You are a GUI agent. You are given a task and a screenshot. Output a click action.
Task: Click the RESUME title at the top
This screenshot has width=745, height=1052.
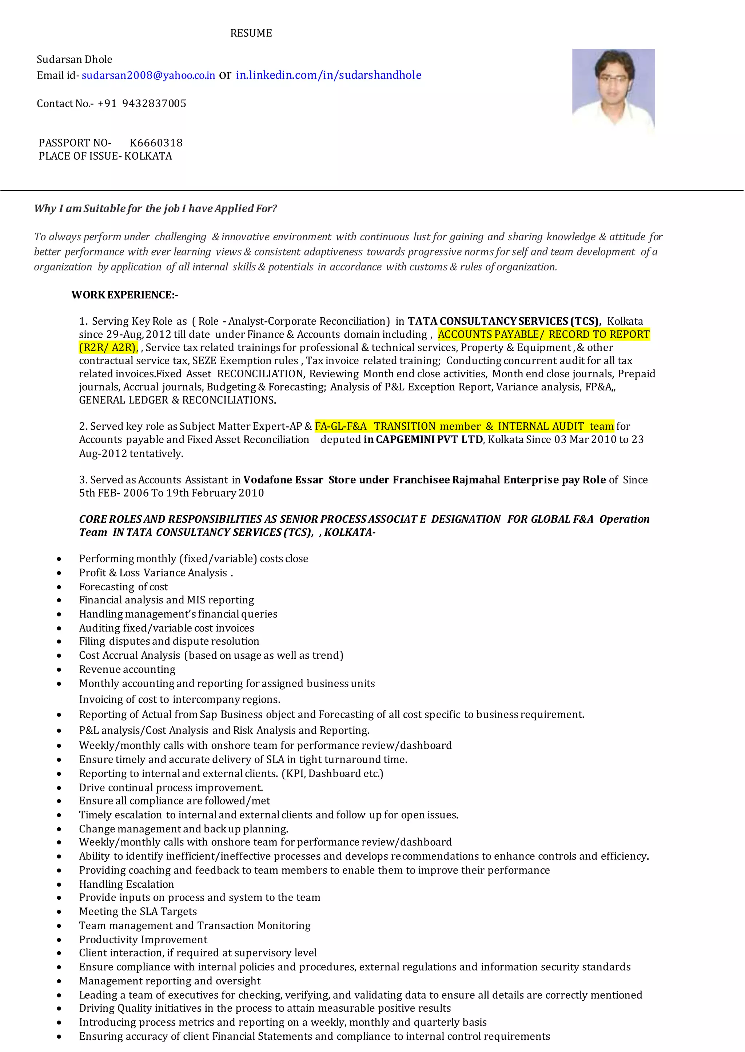pyautogui.click(x=251, y=33)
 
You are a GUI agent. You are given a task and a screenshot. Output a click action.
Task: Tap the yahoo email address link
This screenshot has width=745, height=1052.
pyautogui.click(x=148, y=76)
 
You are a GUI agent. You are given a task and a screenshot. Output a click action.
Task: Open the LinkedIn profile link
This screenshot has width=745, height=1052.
pyautogui.click(x=328, y=75)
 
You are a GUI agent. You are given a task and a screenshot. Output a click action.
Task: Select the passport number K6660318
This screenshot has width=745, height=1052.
pyautogui.click(x=156, y=143)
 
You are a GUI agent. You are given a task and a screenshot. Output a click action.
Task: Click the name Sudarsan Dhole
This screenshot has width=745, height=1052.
pyautogui.click(x=74, y=60)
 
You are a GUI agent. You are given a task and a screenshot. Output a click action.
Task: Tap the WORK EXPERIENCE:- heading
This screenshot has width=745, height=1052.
pyautogui.click(x=125, y=295)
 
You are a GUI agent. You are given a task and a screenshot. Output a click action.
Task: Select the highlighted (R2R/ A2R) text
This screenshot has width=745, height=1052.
pyautogui.click(x=108, y=348)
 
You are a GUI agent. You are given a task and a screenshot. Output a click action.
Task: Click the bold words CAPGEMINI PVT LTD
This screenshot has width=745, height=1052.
pyautogui.click(x=429, y=439)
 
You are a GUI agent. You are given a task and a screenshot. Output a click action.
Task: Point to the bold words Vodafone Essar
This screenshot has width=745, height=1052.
pyautogui.click(x=283, y=480)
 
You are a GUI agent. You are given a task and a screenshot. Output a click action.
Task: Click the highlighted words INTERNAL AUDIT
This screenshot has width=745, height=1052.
pyautogui.click(x=541, y=426)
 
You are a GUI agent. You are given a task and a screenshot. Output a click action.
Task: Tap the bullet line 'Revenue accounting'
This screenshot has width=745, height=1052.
pyautogui.click(x=127, y=669)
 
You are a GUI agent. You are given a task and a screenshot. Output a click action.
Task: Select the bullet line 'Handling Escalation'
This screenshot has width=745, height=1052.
pyautogui.click(x=126, y=884)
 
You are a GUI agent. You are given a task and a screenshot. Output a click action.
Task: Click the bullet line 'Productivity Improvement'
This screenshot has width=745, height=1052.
pyautogui.click(x=143, y=940)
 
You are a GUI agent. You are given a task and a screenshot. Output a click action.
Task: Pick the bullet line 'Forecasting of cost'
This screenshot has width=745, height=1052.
pyautogui.click(x=123, y=587)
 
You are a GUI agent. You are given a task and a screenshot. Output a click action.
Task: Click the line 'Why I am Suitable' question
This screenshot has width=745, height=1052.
pyautogui.click(x=156, y=209)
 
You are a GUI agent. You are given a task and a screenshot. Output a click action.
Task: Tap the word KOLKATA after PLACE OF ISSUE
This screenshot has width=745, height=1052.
pyautogui.click(x=148, y=156)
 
